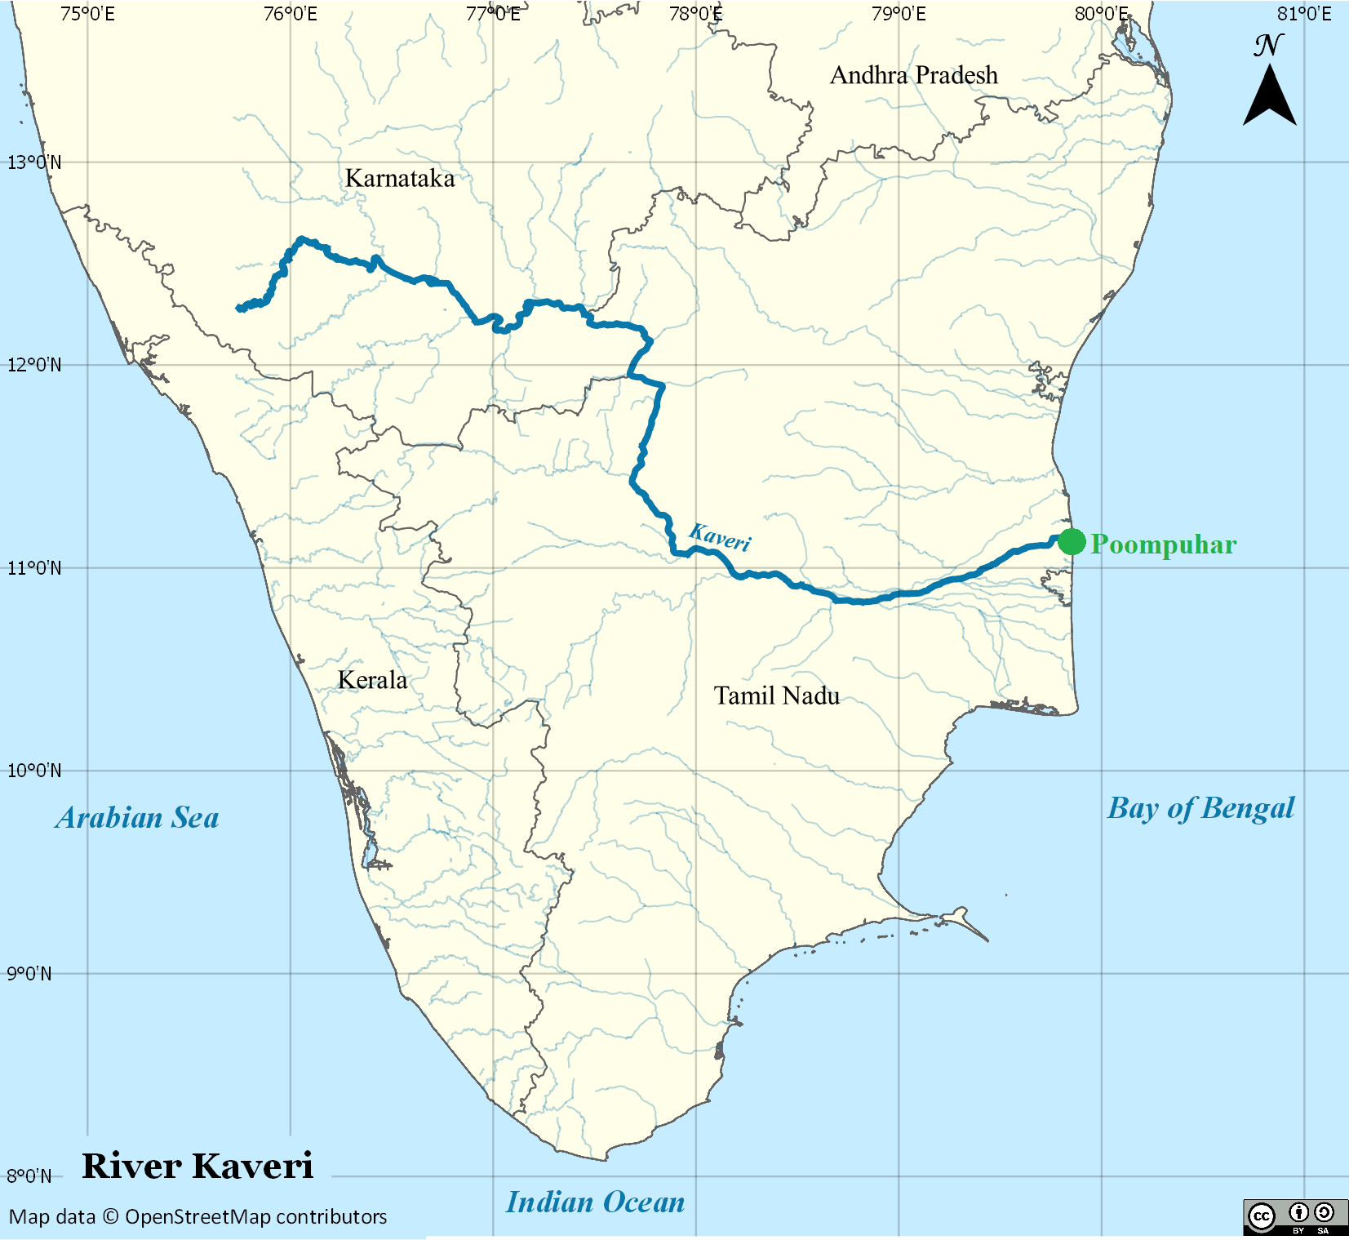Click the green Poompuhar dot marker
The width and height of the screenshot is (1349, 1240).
click(1072, 541)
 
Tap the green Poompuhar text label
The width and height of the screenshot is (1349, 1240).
click(1163, 544)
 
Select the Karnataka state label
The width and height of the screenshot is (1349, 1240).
click(400, 178)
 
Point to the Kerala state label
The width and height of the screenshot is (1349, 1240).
click(372, 680)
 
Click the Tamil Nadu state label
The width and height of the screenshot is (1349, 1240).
click(777, 696)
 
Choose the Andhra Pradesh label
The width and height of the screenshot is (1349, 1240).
click(914, 75)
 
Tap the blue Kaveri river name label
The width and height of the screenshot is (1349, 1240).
click(720, 537)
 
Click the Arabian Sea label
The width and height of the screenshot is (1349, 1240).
click(137, 818)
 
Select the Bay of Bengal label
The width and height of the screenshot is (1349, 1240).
click(1200, 808)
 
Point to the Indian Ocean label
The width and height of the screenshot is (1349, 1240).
click(596, 1202)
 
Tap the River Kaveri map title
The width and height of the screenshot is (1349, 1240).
click(197, 1166)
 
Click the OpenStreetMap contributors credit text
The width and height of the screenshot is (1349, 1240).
click(198, 1216)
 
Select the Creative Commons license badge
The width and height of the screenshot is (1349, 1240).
click(1294, 1217)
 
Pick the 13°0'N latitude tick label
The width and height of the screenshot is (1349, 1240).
click(34, 162)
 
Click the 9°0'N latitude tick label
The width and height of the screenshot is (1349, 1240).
click(29, 974)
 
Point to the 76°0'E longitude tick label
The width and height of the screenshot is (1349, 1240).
click(291, 14)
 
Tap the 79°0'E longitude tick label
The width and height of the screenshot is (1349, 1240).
click(899, 14)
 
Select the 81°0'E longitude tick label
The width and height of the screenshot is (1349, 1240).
click(1304, 14)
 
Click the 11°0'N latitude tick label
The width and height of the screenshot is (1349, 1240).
click(34, 568)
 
